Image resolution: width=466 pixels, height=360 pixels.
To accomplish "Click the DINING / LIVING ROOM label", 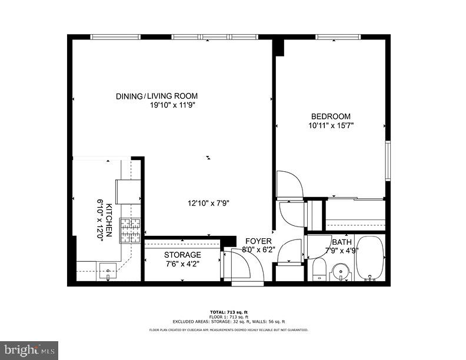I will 157,96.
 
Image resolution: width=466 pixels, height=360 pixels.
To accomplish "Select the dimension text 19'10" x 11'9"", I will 172,105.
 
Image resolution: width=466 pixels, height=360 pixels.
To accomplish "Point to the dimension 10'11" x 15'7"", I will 331,125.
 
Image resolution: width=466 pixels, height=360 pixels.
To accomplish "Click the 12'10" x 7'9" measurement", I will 208,204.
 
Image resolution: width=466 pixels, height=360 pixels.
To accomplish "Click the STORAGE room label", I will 182,255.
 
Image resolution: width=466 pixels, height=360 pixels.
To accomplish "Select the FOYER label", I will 258,241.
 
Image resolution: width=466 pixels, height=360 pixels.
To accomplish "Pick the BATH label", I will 341,242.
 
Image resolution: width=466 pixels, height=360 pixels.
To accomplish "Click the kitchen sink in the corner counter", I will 108,271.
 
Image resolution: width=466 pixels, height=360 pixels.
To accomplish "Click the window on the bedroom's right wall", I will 387,159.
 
